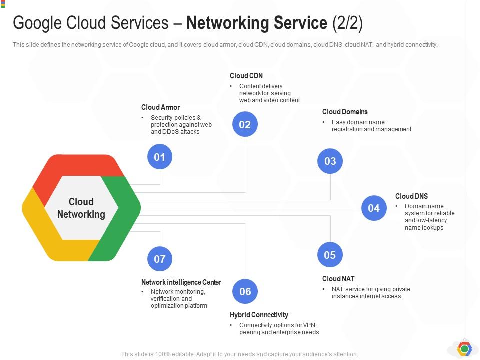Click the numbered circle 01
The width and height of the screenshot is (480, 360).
click(x=160, y=157)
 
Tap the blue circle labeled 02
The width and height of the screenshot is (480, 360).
click(x=245, y=124)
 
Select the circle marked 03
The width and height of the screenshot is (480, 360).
click(x=330, y=161)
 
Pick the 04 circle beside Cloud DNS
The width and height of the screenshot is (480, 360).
click(x=374, y=208)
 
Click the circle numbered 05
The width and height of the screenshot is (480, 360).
click(x=330, y=255)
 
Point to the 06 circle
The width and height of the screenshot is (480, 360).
click(x=245, y=291)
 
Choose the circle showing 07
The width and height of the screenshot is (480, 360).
click(x=160, y=259)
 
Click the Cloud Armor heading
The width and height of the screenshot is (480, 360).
click(x=160, y=107)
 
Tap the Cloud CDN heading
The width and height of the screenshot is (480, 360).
click(x=246, y=76)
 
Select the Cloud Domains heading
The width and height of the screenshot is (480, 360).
click(x=345, y=112)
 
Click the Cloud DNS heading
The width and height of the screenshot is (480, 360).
click(x=411, y=196)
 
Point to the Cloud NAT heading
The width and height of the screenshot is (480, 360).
click(x=338, y=279)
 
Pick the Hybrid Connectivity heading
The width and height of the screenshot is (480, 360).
click(x=259, y=315)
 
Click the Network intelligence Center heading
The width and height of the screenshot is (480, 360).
click(x=181, y=282)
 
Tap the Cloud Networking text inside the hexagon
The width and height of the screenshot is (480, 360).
click(x=81, y=208)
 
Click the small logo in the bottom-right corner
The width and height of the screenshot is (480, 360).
click(x=464, y=349)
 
